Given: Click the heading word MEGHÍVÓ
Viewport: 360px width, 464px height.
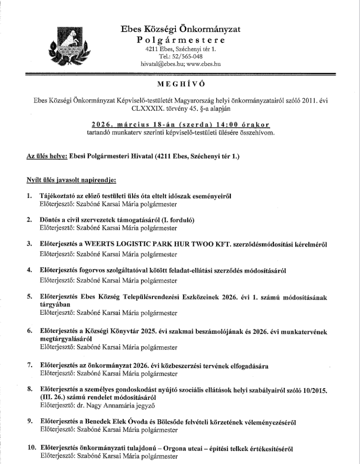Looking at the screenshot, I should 180,85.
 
